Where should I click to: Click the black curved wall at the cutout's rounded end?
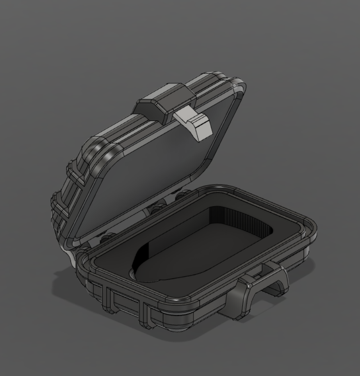tap(143, 255)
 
